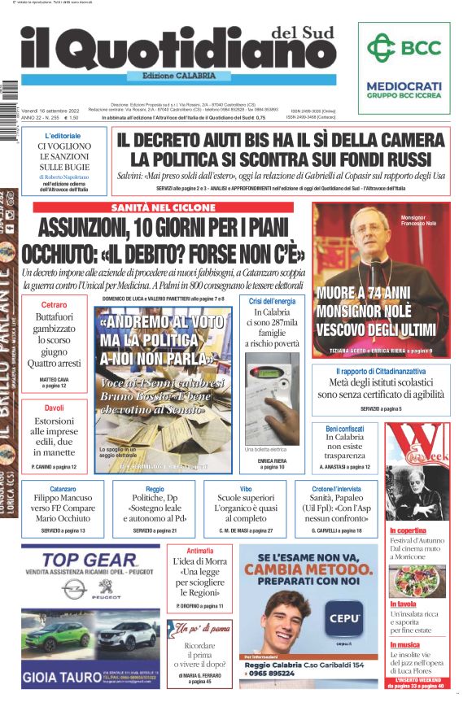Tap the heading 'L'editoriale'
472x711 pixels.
pyautogui.click(x=63, y=136)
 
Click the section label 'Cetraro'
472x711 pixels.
pyautogui.click(x=54, y=304)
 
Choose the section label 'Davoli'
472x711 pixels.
pyautogui.click(x=54, y=407)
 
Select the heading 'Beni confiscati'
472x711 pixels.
pyautogui.click(x=344, y=429)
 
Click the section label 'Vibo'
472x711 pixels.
pyautogui.click(x=246, y=488)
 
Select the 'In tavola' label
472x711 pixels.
pyautogui.click(x=404, y=604)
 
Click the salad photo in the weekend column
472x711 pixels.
pyautogui.click(x=417, y=580)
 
